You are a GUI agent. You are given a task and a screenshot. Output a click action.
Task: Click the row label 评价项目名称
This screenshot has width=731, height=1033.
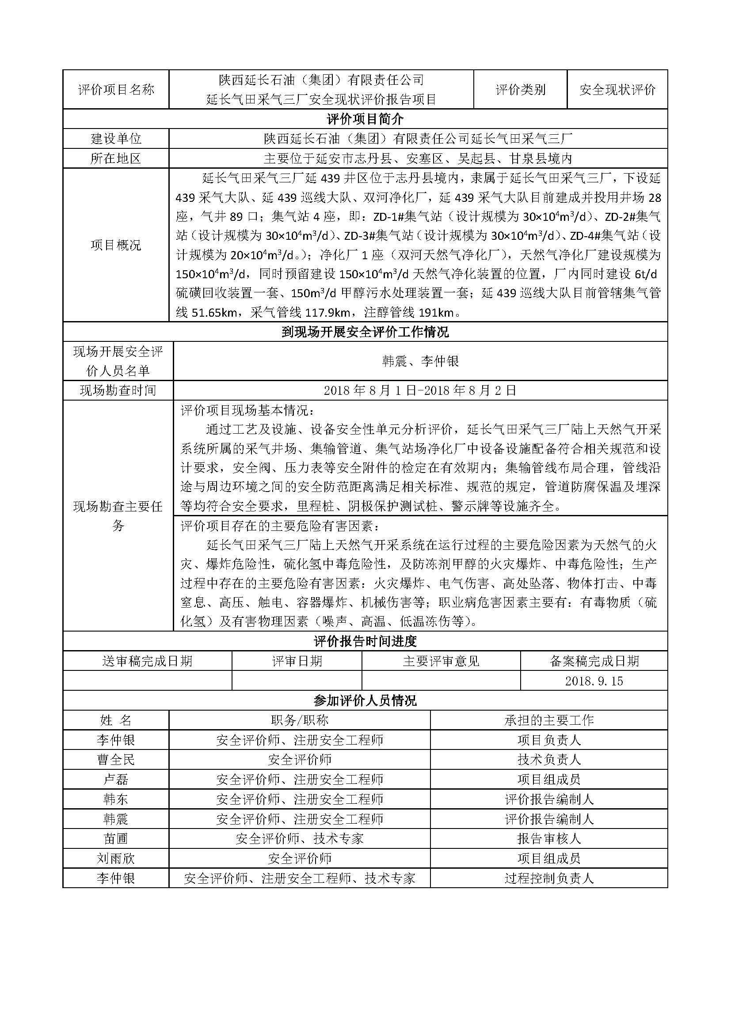point(116,90)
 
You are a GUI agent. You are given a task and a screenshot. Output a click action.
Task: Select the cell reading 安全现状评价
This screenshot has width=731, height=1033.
point(617,90)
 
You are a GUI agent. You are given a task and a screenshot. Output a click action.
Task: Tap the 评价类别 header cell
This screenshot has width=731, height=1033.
point(520,90)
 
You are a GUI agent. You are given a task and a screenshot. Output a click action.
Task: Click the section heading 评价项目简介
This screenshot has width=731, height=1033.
point(365,119)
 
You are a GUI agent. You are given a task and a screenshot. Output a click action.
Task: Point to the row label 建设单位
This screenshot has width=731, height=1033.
point(116,139)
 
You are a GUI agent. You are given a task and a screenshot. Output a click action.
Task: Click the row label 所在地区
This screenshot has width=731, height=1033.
point(116,159)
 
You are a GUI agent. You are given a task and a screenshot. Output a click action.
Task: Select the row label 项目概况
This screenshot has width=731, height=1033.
point(116,245)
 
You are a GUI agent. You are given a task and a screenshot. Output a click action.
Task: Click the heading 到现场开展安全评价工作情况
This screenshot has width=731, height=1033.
point(365,332)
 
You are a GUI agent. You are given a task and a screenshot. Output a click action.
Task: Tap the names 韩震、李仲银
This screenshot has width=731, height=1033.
point(420,361)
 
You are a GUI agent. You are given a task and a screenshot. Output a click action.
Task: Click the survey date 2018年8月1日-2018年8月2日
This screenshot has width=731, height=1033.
point(420,390)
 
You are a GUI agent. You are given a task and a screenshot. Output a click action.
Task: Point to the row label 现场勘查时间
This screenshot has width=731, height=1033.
point(118,390)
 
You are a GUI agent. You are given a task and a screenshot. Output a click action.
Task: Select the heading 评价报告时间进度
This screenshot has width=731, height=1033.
point(365,641)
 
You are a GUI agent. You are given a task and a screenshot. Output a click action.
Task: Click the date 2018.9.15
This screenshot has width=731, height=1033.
point(594,681)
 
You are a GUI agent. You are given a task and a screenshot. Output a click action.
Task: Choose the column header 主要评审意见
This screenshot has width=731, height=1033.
point(441,661)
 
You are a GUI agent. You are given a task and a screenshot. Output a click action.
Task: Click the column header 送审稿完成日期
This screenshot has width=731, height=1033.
point(147,661)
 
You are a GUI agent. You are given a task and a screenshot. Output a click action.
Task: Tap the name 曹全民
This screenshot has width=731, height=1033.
point(116,760)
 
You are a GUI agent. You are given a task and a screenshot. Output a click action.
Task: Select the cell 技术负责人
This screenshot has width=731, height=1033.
point(549,760)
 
